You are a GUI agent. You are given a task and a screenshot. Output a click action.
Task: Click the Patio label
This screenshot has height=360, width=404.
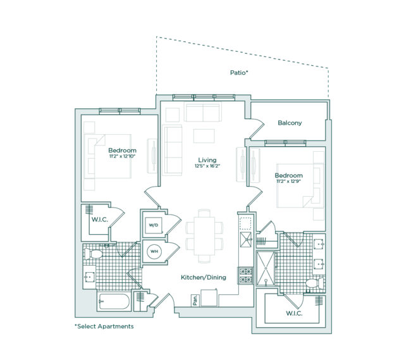click(x=239, y=73)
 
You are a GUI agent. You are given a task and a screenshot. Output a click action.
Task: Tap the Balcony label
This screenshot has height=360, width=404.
click(x=290, y=123)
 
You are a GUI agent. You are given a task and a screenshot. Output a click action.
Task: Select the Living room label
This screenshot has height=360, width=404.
click(x=207, y=160)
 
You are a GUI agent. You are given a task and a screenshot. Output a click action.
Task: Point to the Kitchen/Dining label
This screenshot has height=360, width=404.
click(x=204, y=278)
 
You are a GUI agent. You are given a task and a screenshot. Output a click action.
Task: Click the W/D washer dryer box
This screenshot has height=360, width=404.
click(x=154, y=225)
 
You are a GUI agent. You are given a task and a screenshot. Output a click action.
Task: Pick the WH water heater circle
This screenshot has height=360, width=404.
click(x=154, y=251)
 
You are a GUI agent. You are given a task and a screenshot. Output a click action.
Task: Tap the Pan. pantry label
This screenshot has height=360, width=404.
click(x=195, y=301)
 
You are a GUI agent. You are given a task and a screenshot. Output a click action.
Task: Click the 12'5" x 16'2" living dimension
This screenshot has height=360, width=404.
click(x=207, y=166)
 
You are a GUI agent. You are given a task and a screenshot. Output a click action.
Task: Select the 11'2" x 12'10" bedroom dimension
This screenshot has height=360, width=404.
click(x=123, y=156)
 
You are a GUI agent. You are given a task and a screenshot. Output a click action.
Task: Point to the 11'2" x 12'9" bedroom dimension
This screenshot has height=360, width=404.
click(x=289, y=182)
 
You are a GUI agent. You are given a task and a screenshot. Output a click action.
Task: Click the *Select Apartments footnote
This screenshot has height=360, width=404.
click(x=104, y=326)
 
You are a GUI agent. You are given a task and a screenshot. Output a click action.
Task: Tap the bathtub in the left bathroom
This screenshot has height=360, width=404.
click(x=114, y=301)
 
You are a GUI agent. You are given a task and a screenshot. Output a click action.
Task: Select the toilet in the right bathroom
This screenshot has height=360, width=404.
click(x=315, y=283)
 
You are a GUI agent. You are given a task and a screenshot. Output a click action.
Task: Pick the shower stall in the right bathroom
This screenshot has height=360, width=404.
click(x=266, y=269)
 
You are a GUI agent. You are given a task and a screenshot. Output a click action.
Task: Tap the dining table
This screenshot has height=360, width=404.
click(x=204, y=236)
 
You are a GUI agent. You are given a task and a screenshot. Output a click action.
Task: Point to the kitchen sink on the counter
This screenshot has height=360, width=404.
click(x=245, y=240)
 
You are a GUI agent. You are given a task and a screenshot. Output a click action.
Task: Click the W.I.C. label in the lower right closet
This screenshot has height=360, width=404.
click(x=294, y=313)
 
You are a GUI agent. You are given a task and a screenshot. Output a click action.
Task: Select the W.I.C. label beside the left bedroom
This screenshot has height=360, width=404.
click(x=100, y=220)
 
